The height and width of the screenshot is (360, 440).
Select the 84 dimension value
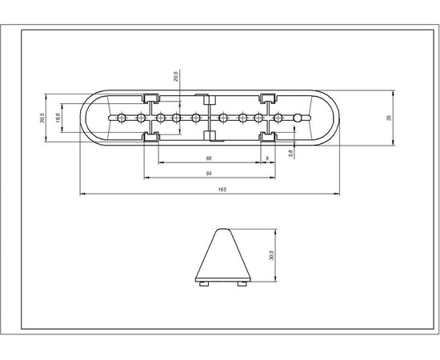click(209, 174)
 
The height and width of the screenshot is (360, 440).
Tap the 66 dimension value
click(209, 158)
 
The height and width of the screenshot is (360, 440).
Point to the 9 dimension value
click(266, 158)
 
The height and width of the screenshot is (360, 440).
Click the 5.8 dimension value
click(291, 150)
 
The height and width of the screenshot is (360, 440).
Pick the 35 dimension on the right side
click(388, 118)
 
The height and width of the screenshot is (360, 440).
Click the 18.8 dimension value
click(58, 118)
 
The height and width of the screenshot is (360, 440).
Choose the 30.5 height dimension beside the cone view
click(273, 256)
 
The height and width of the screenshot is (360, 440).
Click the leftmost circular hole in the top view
click(121, 118)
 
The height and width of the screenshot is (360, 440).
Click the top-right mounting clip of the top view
click(266, 98)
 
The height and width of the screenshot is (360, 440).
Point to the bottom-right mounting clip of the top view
click(266, 138)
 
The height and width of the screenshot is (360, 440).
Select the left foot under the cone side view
click(203, 282)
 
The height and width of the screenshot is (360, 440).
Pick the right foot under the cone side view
click(239, 282)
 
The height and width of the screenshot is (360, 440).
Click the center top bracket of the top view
click(208, 101)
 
